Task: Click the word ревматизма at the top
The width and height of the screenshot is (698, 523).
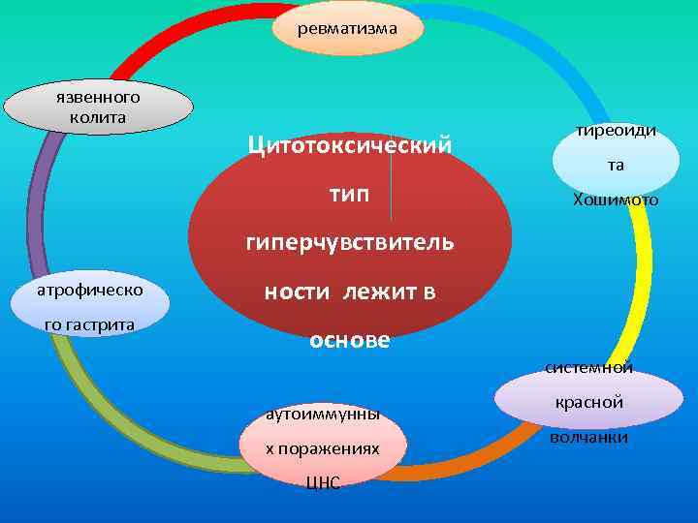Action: pos(348,28)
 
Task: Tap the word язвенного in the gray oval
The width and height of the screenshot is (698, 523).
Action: pos(99,97)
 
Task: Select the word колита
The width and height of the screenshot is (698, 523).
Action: pos(99,117)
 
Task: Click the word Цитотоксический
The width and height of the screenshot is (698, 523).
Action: pos(349,146)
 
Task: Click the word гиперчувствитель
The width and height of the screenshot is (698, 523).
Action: pos(349,242)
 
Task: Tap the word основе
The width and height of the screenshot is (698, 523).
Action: pos(349,341)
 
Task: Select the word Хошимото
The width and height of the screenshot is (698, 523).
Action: pos(617,200)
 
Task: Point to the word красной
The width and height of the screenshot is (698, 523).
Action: pos(589,402)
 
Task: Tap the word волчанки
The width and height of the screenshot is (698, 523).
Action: pos(589,438)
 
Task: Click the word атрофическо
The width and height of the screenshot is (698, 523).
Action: pos(90,289)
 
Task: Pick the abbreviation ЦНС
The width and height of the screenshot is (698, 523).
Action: pos(322,484)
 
